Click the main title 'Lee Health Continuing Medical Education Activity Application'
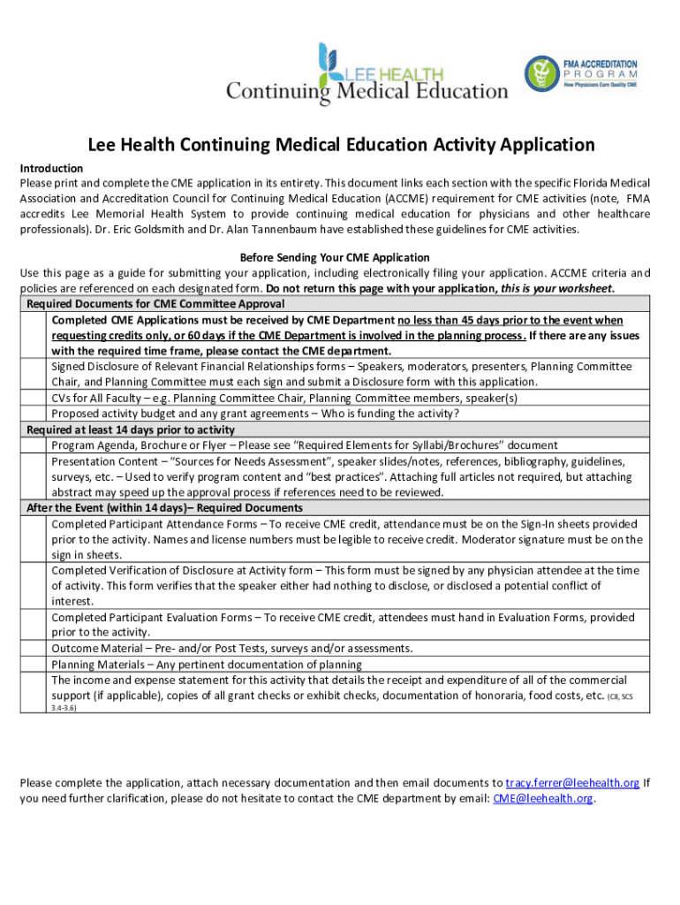coord(340,145)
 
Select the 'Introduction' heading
coord(51,168)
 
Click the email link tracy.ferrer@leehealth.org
coord(572,783)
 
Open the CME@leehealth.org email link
coord(543,798)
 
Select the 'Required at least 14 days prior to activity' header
coord(131,430)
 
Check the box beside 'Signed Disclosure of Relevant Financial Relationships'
coord(34,374)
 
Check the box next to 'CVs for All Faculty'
coord(34,398)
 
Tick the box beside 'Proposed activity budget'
coord(34,414)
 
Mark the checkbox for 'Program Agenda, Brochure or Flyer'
coord(34,445)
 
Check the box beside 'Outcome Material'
coord(34,648)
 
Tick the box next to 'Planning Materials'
coord(34,664)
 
